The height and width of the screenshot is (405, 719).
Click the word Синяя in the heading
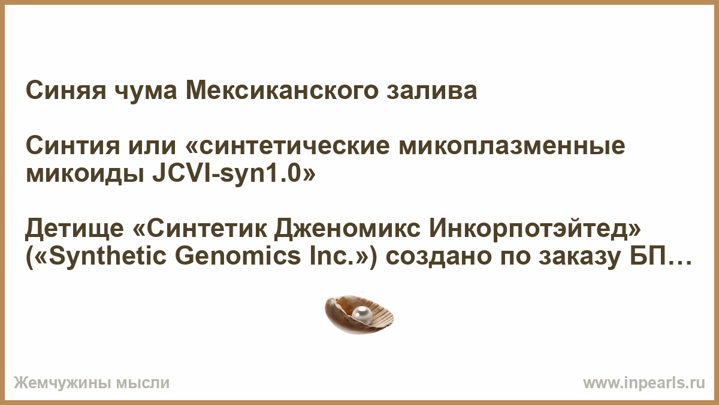(66, 91)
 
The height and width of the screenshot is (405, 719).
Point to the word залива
(432, 92)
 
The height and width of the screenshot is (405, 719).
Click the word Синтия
(73, 146)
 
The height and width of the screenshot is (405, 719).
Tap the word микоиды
(84, 175)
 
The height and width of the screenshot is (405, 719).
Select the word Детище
(74, 228)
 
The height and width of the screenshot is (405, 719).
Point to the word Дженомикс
(347, 228)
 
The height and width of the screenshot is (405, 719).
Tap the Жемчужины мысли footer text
(92, 383)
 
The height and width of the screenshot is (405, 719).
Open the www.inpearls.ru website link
(644, 383)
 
